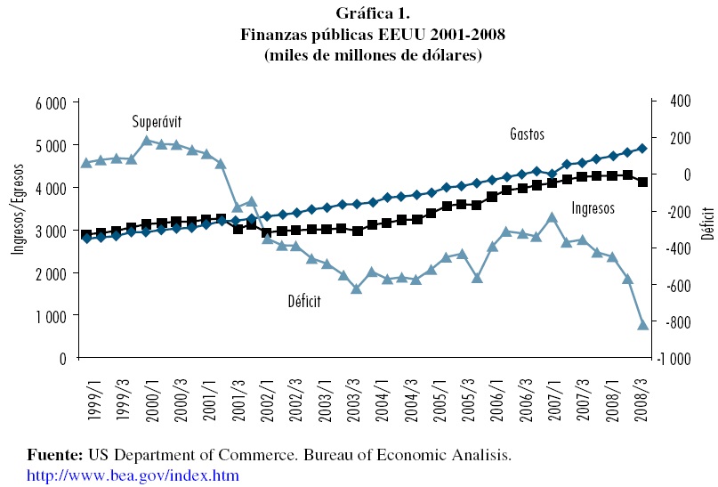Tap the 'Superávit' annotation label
(157, 121)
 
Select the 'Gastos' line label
(527, 134)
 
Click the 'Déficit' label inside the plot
(303, 302)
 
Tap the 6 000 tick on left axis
(52, 103)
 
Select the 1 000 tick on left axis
(52, 316)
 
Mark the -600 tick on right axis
(675, 285)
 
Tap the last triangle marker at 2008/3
(642, 324)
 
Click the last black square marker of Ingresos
(642, 183)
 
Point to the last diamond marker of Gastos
(642, 149)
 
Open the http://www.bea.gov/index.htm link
(133, 475)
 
